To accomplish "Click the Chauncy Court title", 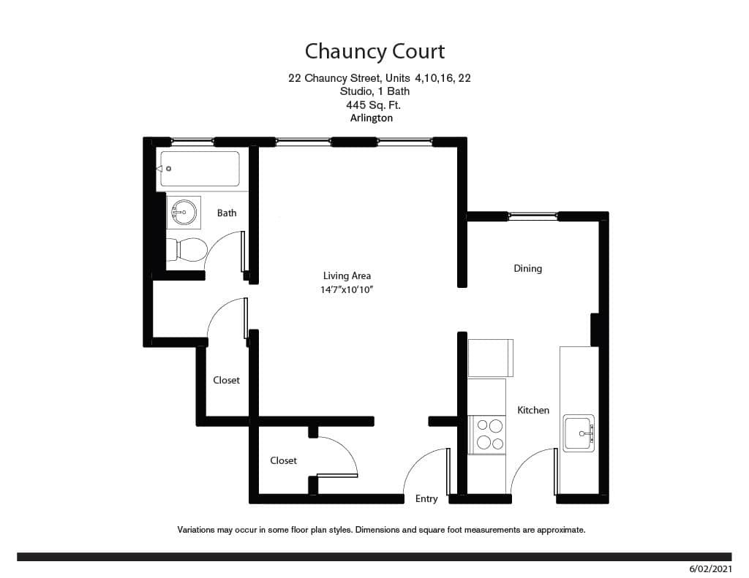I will tap(374, 51).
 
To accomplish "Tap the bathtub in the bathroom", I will tap(200, 169).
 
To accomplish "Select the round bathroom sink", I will tap(184, 213).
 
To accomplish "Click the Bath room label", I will tap(227, 213).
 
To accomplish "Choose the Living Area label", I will tap(347, 275).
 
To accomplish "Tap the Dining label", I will tap(527, 268).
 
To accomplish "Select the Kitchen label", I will tap(533, 410).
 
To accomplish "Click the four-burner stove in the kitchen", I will tap(487, 433).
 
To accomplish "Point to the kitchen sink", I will tap(579, 433).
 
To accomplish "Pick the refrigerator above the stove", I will tap(490, 357).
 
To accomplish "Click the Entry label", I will tap(426, 498).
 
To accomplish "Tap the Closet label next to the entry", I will tap(283, 460).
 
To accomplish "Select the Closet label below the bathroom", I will tap(226, 380).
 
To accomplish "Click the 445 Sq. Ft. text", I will tap(374, 104).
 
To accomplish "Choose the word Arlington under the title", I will tap(372, 118).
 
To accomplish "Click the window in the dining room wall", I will tap(532, 216).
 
